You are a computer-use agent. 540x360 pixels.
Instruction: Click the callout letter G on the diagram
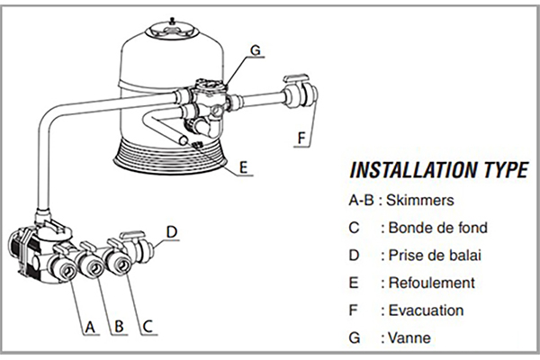click(x=255, y=51)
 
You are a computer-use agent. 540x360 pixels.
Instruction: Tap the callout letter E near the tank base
click(x=244, y=166)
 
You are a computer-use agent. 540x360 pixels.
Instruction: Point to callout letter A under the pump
click(x=89, y=327)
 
